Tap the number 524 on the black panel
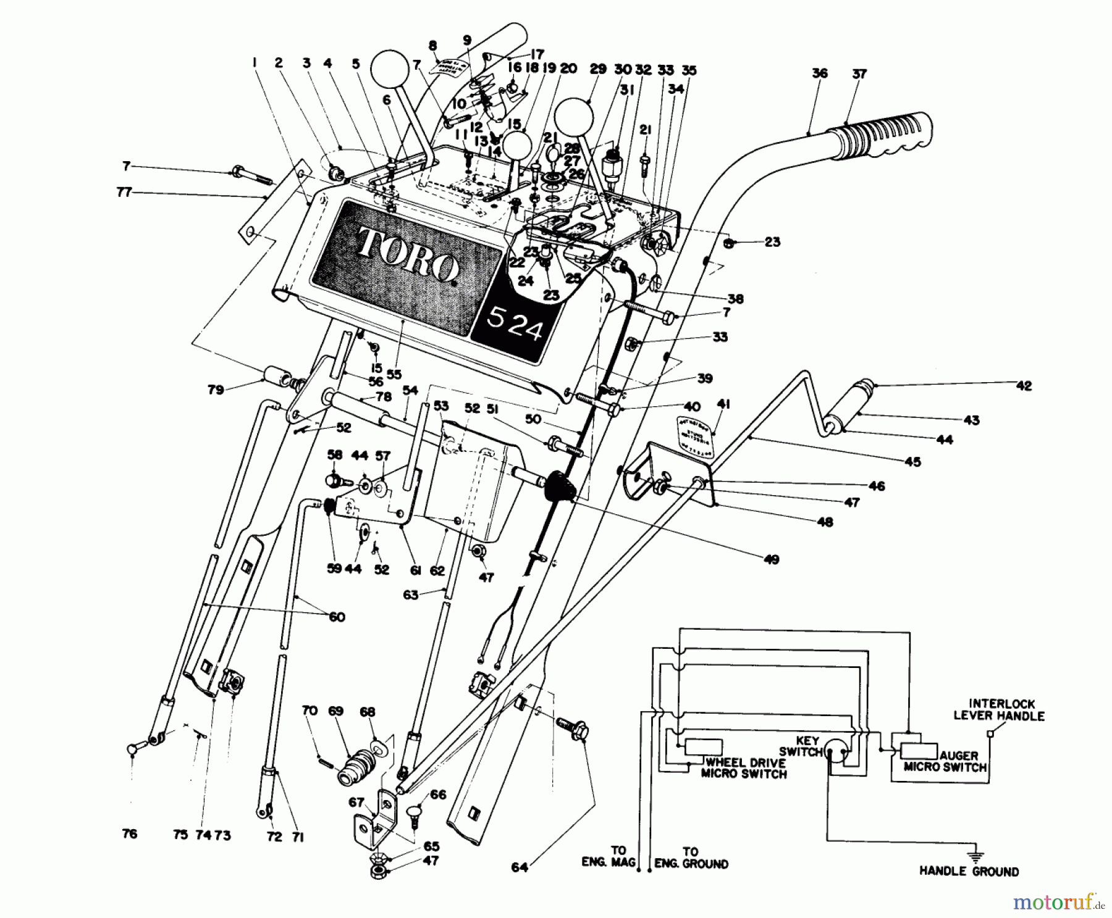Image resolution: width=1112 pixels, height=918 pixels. click(515, 325)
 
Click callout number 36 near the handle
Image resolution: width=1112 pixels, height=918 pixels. click(819, 73)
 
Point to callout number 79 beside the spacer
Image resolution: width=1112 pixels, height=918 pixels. click(216, 390)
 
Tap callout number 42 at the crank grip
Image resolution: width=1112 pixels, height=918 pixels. click(1024, 386)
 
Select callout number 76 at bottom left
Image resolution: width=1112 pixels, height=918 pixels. click(130, 834)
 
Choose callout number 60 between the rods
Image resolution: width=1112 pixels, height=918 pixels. click(337, 617)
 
